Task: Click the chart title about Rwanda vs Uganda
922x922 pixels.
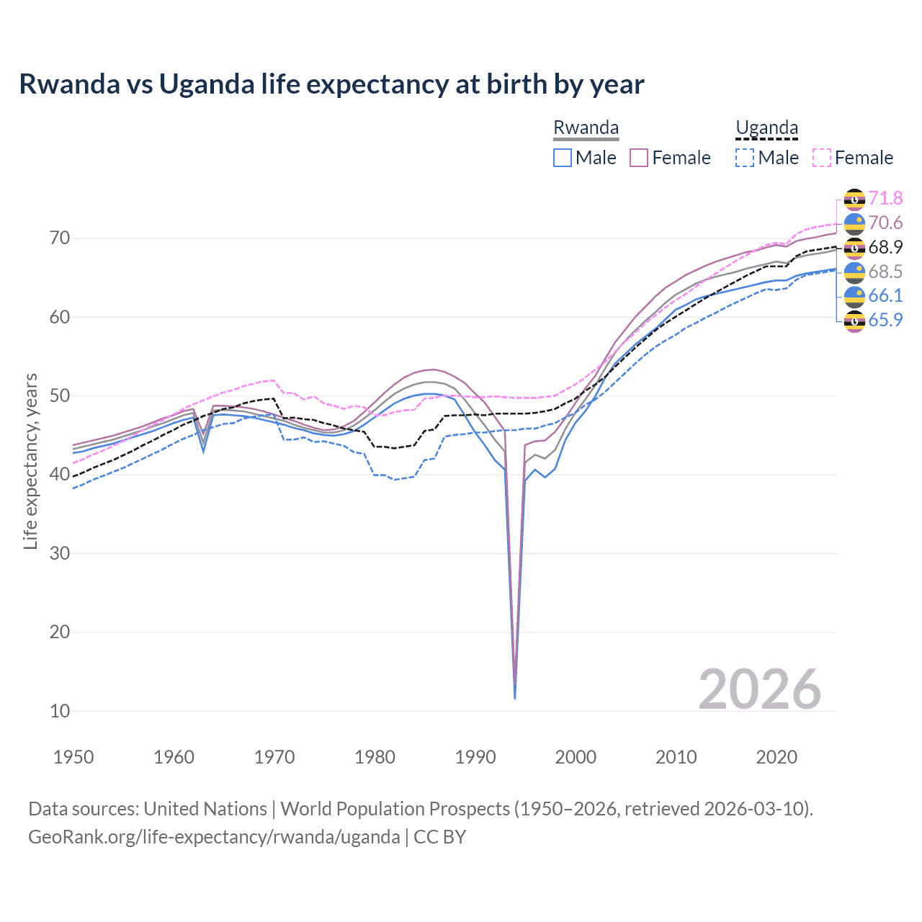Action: pyautogui.click(x=331, y=84)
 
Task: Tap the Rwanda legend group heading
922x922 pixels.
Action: pyautogui.click(x=586, y=128)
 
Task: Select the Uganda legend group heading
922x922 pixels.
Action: pyautogui.click(x=766, y=128)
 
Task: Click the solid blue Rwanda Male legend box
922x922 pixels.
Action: pyautogui.click(x=563, y=158)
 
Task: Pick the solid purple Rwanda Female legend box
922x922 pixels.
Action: pyautogui.click(x=640, y=158)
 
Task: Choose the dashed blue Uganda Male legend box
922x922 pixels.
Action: pyautogui.click(x=745, y=158)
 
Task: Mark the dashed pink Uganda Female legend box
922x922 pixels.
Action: pyautogui.click(x=822, y=158)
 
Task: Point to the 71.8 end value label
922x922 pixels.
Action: pyautogui.click(x=885, y=199)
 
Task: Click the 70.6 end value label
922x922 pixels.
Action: pyautogui.click(x=885, y=223)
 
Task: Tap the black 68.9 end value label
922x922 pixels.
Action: pyautogui.click(x=885, y=248)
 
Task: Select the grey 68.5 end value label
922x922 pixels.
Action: pyautogui.click(x=885, y=272)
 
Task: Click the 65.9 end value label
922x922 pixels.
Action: pyautogui.click(x=885, y=321)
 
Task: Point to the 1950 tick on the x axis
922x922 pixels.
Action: pyautogui.click(x=74, y=757)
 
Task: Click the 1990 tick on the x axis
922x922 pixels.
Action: pyautogui.click(x=475, y=757)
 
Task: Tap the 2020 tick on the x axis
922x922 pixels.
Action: pyautogui.click(x=776, y=757)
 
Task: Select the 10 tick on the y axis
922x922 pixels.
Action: pyautogui.click(x=60, y=711)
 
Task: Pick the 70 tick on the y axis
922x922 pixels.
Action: pyautogui.click(x=60, y=238)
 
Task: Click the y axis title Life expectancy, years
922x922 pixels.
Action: pyautogui.click(x=30, y=461)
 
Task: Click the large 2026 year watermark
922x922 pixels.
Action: pyautogui.click(x=760, y=689)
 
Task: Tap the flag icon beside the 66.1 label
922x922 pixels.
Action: pyautogui.click(x=854, y=296)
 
